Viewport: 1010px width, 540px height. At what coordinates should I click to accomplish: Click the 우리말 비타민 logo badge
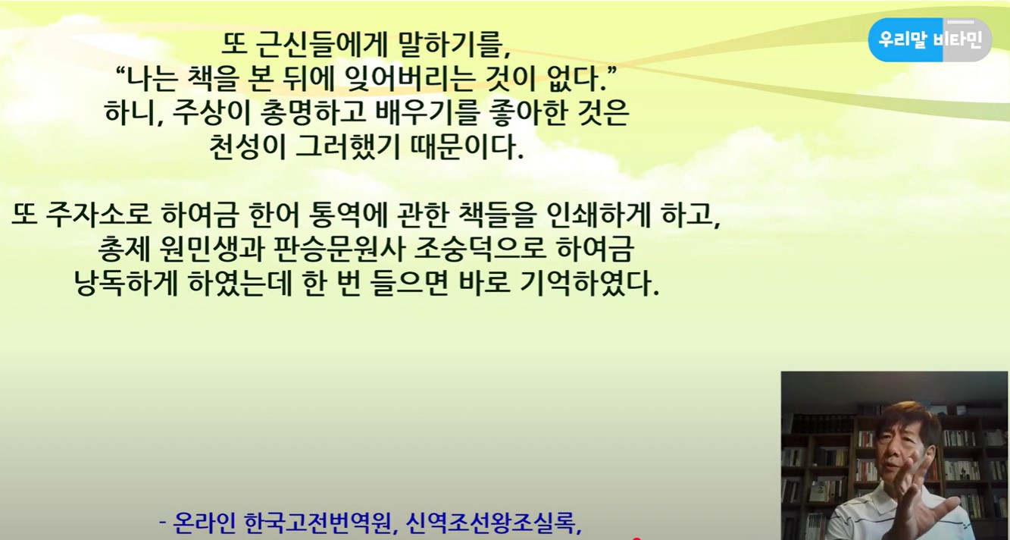pyautogui.click(x=929, y=39)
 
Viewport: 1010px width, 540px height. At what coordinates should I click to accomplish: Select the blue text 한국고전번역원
pyautogui.click(x=321, y=524)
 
